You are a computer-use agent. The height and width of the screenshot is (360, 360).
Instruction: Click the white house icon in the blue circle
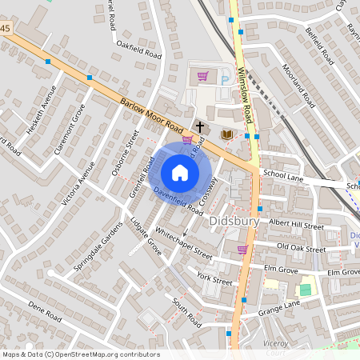point(180,172)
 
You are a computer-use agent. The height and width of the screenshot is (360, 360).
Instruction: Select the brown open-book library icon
point(227,134)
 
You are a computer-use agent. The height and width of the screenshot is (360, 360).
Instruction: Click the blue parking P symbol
point(225,79)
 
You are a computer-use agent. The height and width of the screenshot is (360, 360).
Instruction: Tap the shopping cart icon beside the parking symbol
point(202,77)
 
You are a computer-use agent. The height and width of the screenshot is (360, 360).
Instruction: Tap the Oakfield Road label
point(139,49)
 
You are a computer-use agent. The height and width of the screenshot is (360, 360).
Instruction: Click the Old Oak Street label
point(301,247)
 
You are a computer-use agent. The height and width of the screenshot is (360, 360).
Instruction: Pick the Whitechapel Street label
point(184,242)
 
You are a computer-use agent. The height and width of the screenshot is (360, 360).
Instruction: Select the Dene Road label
point(44,311)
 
